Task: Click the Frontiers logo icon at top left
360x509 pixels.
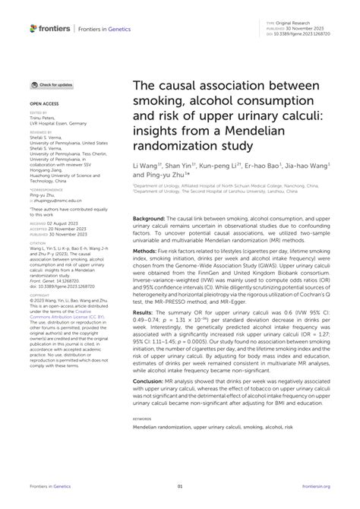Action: point(33,28)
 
